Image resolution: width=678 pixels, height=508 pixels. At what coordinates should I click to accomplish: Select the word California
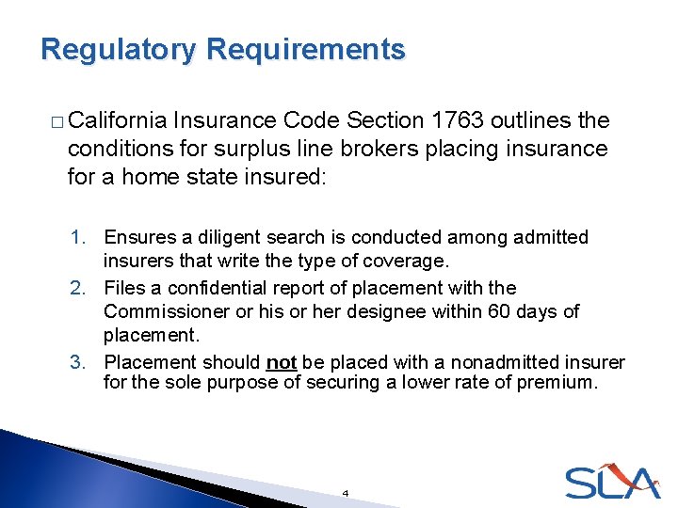tap(119, 120)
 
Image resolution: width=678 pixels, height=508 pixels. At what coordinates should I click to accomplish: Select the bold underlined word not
tap(282, 362)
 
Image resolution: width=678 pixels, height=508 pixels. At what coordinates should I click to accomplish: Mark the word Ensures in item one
tap(137, 238)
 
